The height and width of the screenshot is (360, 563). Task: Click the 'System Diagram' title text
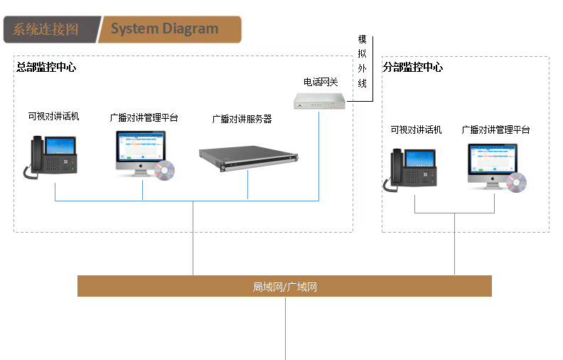pos(165,29)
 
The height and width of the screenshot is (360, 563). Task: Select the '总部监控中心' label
pos(46,68)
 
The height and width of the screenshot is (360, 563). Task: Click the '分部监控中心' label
pos(413,68)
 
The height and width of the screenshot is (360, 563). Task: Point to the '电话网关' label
pos(321,83)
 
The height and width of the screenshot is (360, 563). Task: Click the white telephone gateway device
pos(321,100)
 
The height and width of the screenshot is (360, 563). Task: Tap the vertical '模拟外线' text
pos(362,61)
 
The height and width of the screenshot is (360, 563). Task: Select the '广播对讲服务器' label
pos(242,119)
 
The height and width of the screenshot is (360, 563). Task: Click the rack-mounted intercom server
pos(249,159)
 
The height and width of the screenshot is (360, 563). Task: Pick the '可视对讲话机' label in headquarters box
pos(54,115)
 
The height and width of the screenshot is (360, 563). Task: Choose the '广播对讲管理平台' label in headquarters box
pos(144,117)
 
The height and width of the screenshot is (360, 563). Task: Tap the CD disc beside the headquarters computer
pos(164,171)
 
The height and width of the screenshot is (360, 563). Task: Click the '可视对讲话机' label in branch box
pos(416,129)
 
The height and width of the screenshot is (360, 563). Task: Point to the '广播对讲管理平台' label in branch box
pos(495,129)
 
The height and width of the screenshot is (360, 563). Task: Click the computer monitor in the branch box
pos(490,162)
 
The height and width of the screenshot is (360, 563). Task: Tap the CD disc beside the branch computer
pos(516,182)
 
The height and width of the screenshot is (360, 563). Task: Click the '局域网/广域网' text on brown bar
pos(284,287)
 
